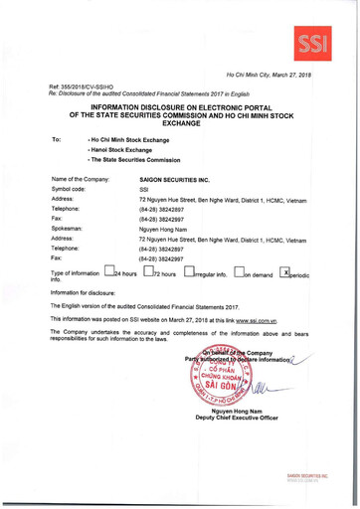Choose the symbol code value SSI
click(143, 188)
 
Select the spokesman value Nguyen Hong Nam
click(164, 229)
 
